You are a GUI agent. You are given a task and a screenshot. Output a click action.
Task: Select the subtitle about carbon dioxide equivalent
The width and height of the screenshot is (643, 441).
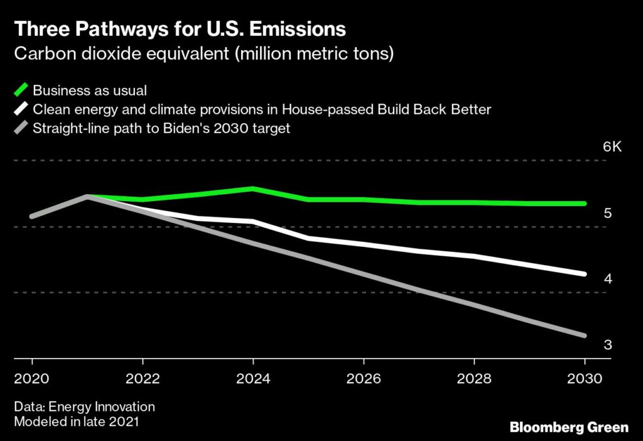click(204, 53)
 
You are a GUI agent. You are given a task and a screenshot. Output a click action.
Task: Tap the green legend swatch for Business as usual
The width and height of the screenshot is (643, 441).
click(21, 90)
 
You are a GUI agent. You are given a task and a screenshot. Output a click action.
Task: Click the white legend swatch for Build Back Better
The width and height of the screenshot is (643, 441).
click(21, 109)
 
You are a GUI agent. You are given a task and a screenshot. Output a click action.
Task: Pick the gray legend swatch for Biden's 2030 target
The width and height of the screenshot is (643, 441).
click(21, 129)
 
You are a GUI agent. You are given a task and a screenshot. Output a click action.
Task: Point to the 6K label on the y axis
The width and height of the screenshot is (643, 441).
click(612, 147)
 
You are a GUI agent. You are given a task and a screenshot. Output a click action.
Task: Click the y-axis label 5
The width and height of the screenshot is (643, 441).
click(607, 213)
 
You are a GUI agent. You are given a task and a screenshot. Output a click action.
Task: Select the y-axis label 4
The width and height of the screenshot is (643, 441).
click(607, 278)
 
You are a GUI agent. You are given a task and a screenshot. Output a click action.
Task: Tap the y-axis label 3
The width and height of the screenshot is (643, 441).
click(607, 344)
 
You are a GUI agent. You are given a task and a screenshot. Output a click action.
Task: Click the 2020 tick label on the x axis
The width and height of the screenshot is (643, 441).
click(32, 379)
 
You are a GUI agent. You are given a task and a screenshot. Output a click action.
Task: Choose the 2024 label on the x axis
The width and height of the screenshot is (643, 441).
click(253, 379)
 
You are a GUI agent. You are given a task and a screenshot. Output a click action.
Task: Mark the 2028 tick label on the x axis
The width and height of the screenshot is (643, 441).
click(474, 379)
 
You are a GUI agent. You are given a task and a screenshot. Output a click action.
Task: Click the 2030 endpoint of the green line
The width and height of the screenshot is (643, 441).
click(584, 204)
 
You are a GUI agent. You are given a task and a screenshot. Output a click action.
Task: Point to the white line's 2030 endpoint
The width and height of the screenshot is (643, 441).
click(584, 274)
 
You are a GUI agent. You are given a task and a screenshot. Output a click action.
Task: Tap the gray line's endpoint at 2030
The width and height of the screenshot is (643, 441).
click(584, 335)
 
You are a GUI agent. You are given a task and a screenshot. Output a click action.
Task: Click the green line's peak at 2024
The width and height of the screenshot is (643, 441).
click(252, 188)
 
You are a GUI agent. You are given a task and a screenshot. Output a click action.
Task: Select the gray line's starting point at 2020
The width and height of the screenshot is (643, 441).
click(32, 217)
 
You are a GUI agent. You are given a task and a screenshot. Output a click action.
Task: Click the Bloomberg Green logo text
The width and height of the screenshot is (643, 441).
click(569, 427)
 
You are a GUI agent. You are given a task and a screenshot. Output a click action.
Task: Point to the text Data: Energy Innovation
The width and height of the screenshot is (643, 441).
click(84, 407)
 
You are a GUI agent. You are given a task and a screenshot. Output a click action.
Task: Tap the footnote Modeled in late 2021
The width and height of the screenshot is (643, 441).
click(76, 422)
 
